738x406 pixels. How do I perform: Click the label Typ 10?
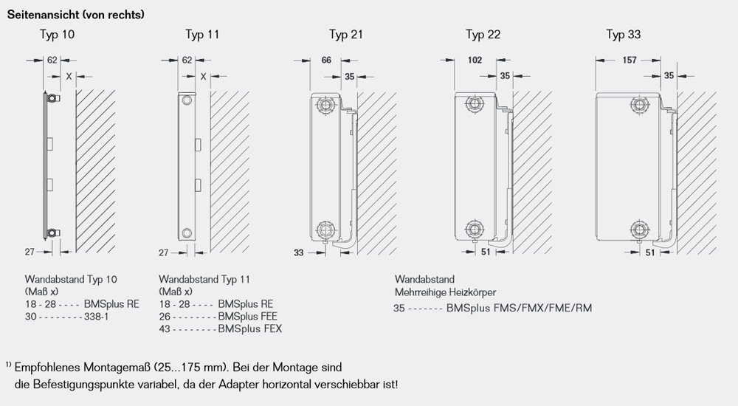[57, 35]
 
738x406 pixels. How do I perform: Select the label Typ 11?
[202, 35]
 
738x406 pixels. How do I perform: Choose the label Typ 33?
[624, 35]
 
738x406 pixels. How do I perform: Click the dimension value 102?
[476, 61]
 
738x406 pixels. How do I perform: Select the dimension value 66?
[326, 61]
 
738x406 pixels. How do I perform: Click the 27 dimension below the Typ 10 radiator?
[30, 252]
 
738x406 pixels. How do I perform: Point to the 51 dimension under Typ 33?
[650, 252]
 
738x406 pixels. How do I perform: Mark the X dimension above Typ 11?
[202, 75]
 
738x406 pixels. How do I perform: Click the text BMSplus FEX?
[249, 328]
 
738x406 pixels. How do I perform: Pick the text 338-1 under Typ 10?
[97, 316]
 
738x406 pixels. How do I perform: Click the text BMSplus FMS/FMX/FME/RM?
[519, 307]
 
